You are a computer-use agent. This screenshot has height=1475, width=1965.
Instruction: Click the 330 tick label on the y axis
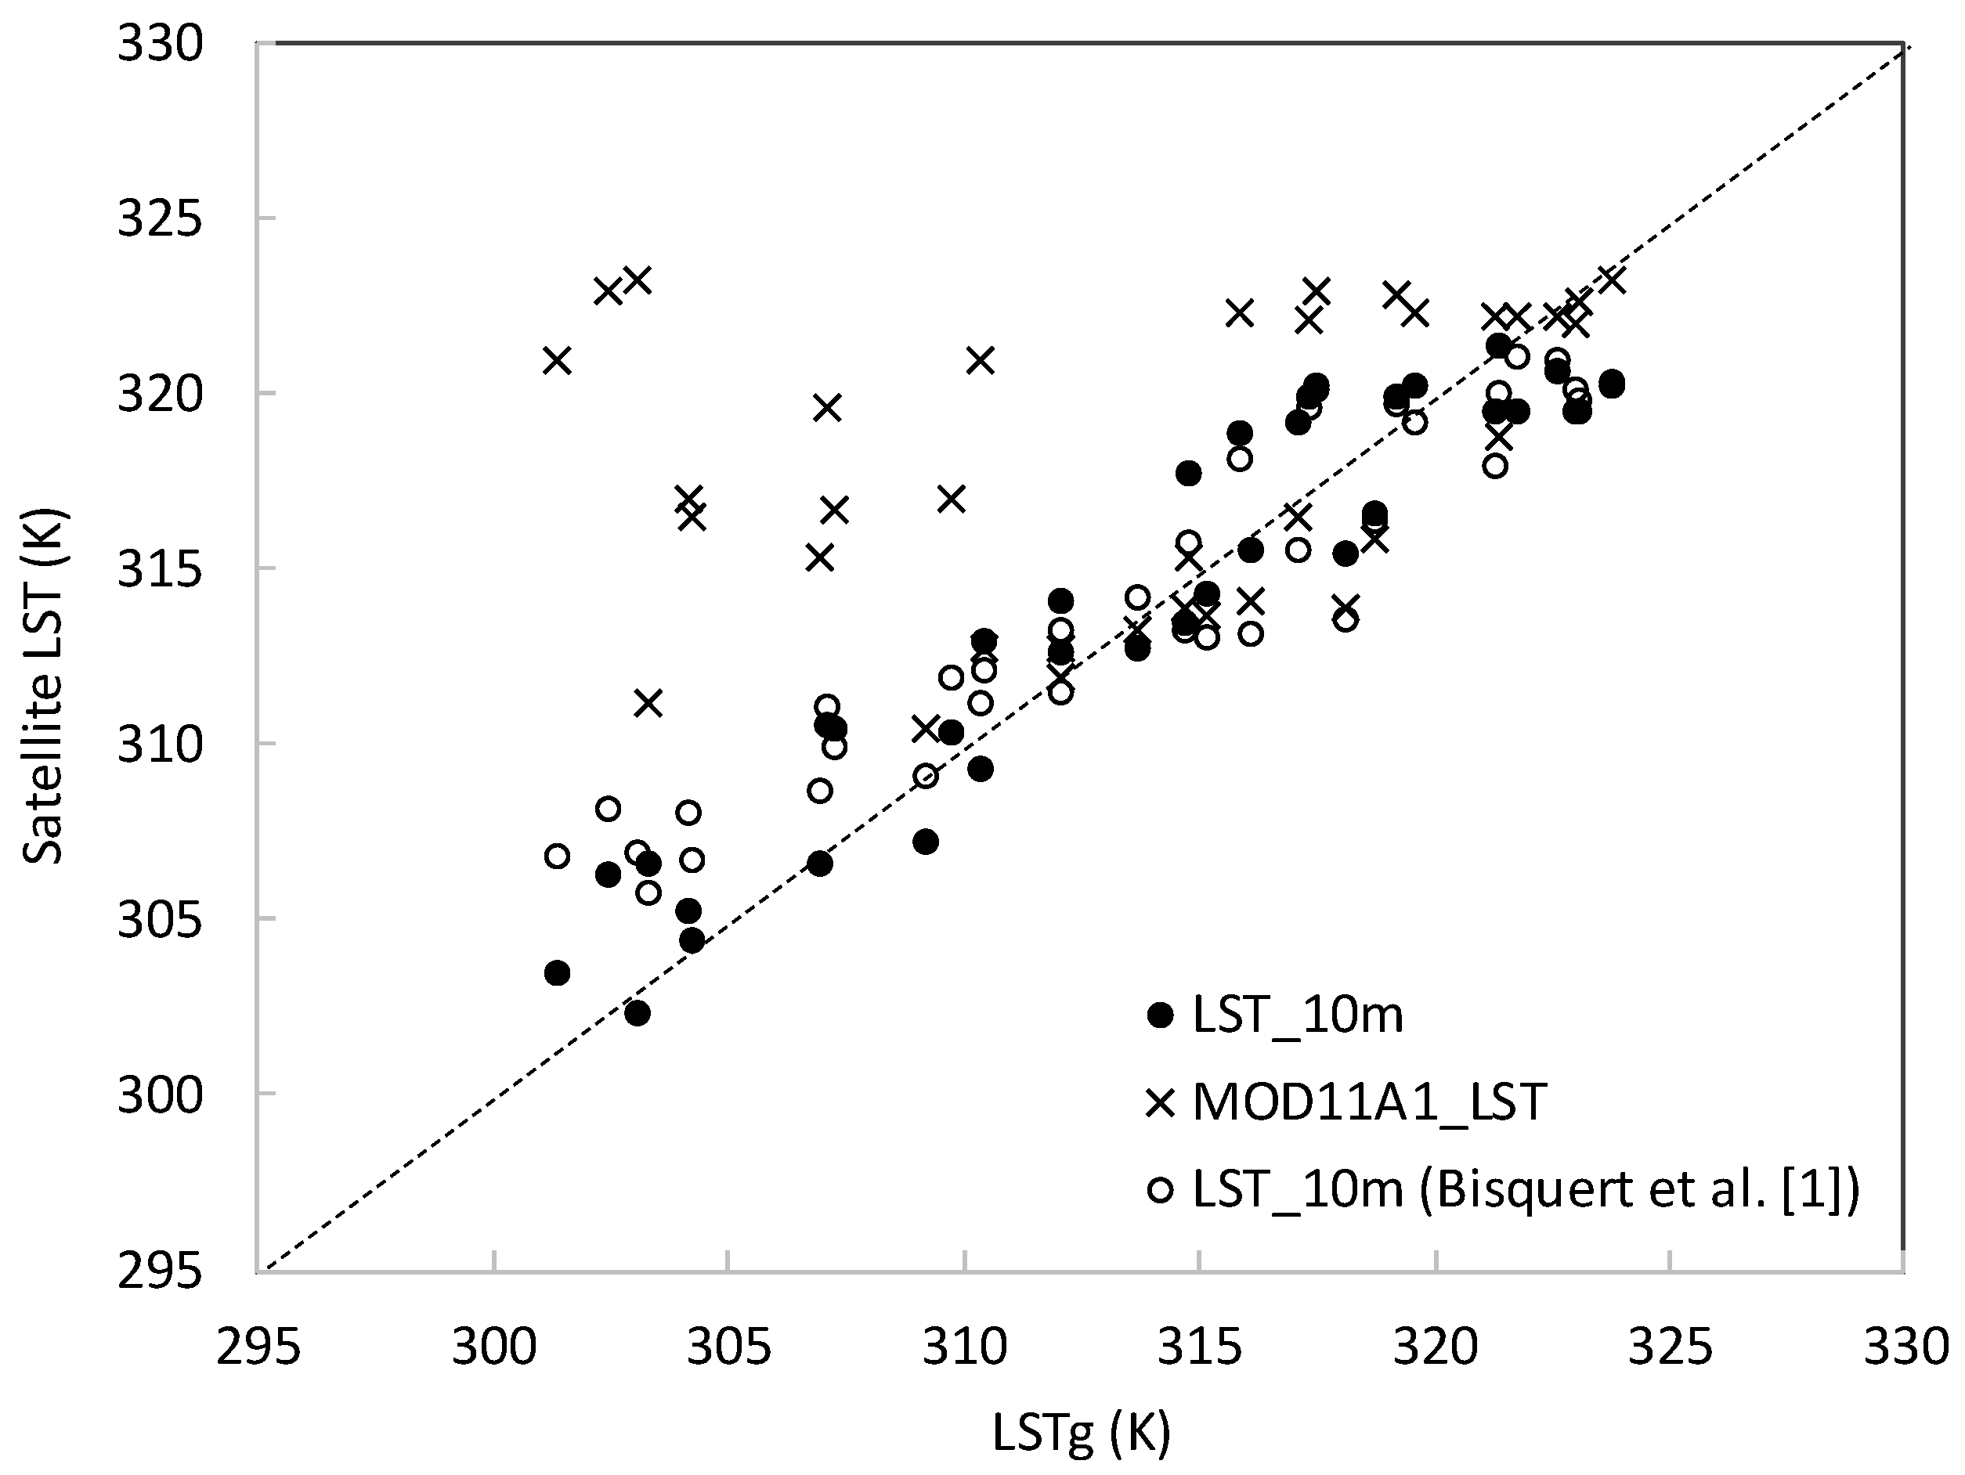161,45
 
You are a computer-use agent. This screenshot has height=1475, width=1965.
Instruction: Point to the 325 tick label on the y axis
161,218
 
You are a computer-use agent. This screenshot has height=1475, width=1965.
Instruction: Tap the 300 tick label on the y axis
161,1096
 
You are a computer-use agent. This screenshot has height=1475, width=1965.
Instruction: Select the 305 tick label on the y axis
161,920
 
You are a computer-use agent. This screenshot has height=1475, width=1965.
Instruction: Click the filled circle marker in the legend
1160,1015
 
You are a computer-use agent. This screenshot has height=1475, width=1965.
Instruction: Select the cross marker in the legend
1160,1103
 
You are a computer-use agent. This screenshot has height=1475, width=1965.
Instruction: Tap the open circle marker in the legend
1160,1189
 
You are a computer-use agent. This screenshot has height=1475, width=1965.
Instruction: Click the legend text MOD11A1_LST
1369,1103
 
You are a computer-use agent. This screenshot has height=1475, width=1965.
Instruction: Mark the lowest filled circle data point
637,1013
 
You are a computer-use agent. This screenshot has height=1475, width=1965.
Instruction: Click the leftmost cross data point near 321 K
557,361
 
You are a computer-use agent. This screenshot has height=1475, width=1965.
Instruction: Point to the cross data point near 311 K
648,703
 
